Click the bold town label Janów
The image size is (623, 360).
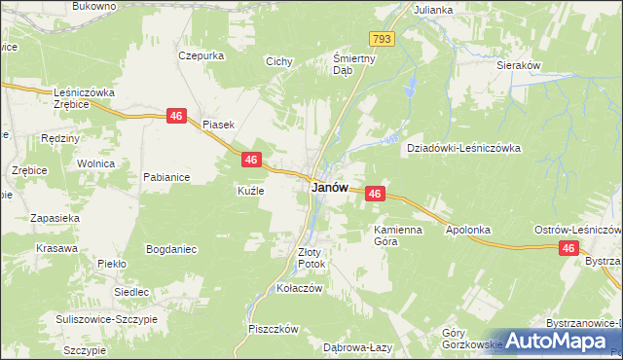(329, 188)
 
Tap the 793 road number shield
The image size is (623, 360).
(382, 38)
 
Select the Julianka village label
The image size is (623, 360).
(433, 10)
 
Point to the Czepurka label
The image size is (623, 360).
(202, 55)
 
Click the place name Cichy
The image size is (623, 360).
(279, 61)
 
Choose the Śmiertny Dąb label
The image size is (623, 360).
(342, 63)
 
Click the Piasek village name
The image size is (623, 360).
(218, 124)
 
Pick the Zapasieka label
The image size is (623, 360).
(55, 219)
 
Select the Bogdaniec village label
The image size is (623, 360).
(171, 249)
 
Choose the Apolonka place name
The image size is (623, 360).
(467, 231)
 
